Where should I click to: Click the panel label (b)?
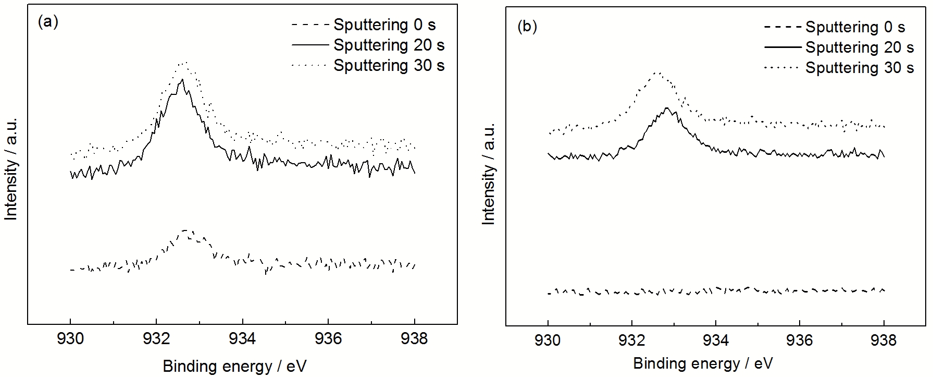[527, 27]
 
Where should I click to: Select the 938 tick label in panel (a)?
[414, 339]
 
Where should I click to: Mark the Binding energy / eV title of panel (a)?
[234, 366]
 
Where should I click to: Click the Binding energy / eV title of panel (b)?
[703, 363]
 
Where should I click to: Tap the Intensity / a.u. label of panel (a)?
[11, 169]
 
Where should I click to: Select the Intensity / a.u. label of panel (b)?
[489, 174]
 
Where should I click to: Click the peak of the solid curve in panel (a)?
[182, 80]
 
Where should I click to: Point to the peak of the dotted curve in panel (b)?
[657, 73]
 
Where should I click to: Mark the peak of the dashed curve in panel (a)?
[185, 230]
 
